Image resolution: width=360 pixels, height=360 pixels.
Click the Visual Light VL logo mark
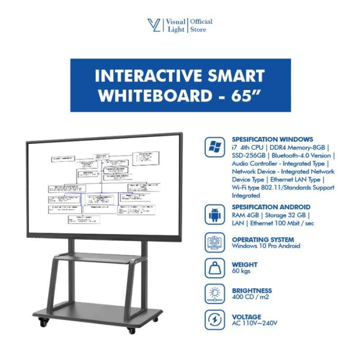tap(154, 26)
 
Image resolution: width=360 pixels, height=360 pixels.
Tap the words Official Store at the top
tap(201, 26)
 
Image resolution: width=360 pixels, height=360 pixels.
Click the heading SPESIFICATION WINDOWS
tap(272, 139)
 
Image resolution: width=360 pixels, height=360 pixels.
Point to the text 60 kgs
tap(241, 271)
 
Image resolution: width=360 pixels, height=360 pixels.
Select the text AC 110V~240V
tap(255, 324)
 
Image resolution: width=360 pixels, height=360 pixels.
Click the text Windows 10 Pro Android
tap(266, 246)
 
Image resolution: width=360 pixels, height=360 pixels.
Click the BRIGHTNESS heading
tap(252, 291)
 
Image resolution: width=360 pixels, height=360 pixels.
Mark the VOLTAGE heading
tap(247, 317)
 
